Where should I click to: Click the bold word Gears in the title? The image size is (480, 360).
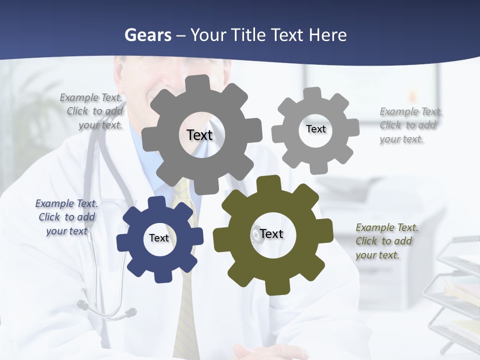click(147, 35)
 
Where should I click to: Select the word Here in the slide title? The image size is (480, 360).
click(327, 35)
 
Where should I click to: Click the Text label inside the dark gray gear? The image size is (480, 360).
click(199, 135)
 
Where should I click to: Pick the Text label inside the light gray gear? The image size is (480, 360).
click(315, 129)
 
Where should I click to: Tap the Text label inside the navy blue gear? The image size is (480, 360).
click(159, 238)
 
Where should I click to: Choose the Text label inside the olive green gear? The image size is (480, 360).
click(271, 234)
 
